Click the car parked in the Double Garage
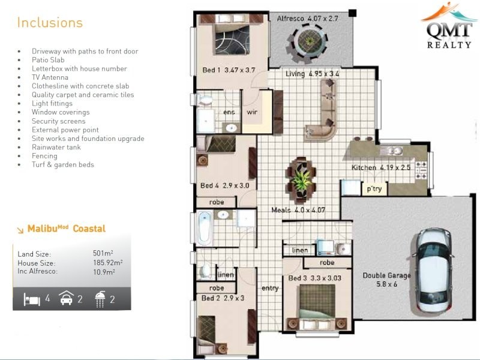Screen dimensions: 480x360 pyautogui.click(x=433, y=271)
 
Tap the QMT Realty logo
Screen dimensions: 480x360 pyautogui.click(x=449, y=26)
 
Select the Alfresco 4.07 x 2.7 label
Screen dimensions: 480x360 pyautogui.click(x=307, y=19)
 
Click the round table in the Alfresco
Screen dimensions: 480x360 pyautogui.click(x=310, y=41)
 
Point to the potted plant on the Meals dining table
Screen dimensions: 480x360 pyautogui.click(x=302, y=179)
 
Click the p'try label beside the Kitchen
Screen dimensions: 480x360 pyautogui.click(x=374, y=189)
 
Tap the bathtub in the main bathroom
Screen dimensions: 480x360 pyautogui.click(x=204, y=228)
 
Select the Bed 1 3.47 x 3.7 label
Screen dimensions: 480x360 pyautogui.click(x=229, y=70)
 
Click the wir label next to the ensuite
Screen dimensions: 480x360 pyautogui.click(x=251, y=112)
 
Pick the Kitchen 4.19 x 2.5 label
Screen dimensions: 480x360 pyautogui.click(x=381, y=167)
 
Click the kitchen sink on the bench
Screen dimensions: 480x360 pyautogui.click(x=391, y=151)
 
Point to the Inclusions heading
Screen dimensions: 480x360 pyautogui.click(x=50, y=23)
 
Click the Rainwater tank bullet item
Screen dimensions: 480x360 pyautogui.click(x=56, y=147)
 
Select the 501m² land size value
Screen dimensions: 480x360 pyautogui.click(x=103, y=253)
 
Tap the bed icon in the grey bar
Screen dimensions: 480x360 pyautogui.click(x=32, y=299)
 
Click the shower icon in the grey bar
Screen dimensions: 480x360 pyautogui.click(x=100, y=299)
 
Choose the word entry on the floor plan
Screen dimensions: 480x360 pyautogui.click(x=270, y=289)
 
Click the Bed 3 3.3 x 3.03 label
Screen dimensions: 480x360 pyautogui.click(x=314, y=278)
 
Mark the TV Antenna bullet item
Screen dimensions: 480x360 pyautogui.click(x=50, y=77)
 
